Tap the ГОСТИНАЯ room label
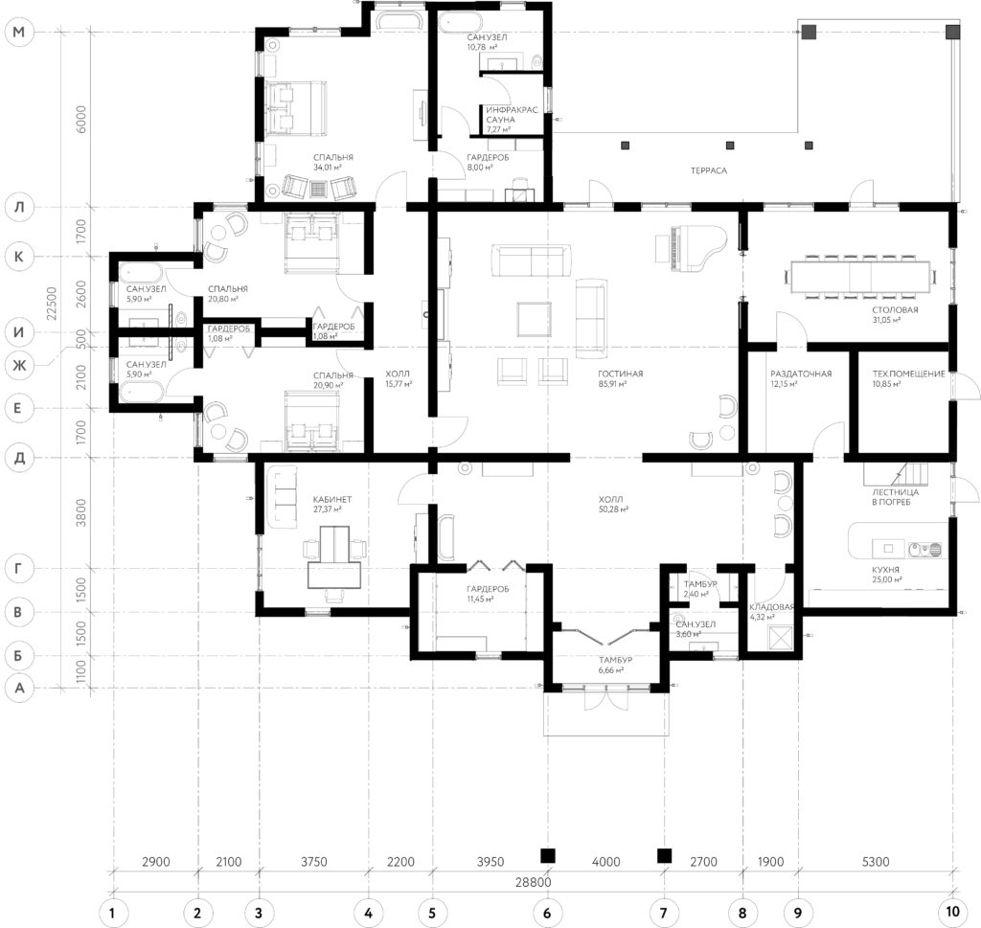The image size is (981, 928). (620, 373)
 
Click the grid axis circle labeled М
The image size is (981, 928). (19, 32)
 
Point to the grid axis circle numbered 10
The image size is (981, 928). (951, 912)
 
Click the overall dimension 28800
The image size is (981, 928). (533, 882)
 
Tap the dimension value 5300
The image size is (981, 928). (876, 862)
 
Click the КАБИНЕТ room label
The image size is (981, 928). (332, 500)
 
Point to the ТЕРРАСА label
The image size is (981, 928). (709, 170)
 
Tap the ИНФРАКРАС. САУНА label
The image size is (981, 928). (512, 114)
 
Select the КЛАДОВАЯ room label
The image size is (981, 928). (771, 606)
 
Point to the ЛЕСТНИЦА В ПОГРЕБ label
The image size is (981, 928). (896, 497)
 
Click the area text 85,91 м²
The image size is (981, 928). (612, 384)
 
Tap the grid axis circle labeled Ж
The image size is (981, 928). (19, 365)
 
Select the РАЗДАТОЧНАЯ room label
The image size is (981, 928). (801, 373)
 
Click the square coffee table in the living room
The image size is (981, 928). (534, 319)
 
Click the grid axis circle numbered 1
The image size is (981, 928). (113, 913)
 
